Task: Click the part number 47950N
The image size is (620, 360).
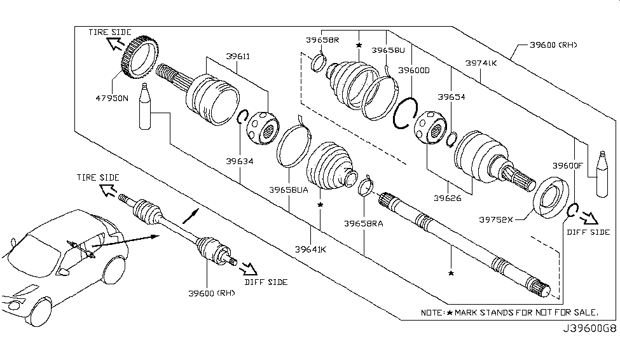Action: pyautogui.click(x=111, y=99)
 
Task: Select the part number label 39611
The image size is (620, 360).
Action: pyautogui.click(x=238, y=56)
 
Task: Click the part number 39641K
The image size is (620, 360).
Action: pyautogui.click(x=310, y=249)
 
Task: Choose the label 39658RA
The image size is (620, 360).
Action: pyautogui.click(x=364, y=223)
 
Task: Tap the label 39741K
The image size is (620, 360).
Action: pyautogui.click(x=481, y=63)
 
